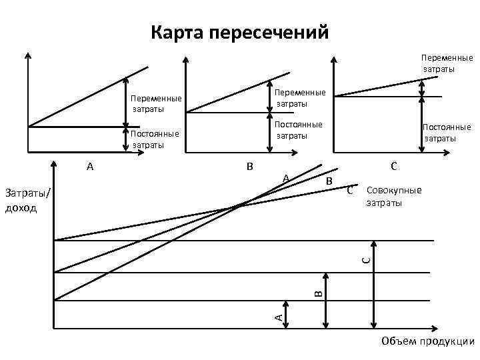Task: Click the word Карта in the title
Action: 178,32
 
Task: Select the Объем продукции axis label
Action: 427,341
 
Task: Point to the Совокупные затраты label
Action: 394,197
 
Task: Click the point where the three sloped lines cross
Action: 241,204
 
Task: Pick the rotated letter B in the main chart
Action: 318,291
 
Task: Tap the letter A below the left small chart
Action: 90,167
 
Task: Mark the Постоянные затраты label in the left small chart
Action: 156,139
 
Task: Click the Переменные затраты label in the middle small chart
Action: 301,98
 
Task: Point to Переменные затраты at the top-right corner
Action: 446,63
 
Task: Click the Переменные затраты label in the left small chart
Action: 156,103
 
